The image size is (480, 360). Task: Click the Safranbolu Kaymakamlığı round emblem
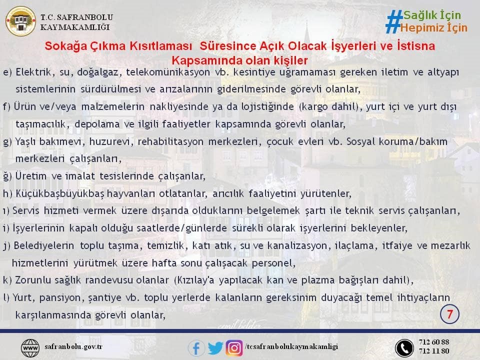[x=20, y=21]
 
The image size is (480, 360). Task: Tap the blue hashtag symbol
[x=393, y=21]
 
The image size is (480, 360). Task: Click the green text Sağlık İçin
[x=432, y=15]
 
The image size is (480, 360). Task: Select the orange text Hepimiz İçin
[x=434, y=28]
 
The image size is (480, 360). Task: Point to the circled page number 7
[x=449, y=314]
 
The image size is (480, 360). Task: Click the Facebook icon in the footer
[x=196, y=348]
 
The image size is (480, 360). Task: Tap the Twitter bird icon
[x=215, y=348]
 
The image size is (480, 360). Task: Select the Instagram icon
[x=234, y=348]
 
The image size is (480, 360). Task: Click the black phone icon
[x=404, y=348]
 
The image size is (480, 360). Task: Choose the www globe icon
[x=30, y=348]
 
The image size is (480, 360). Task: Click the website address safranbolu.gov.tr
[x=73, y=346]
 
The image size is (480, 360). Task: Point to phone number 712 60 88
[x=434, y=341]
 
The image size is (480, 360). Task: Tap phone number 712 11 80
[x=434, y=351]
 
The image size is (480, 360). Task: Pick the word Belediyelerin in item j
[x=44, y=245]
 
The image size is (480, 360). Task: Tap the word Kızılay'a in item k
[x=194, y=280]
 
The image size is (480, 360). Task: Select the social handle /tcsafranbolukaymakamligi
[x=291, y=346]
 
